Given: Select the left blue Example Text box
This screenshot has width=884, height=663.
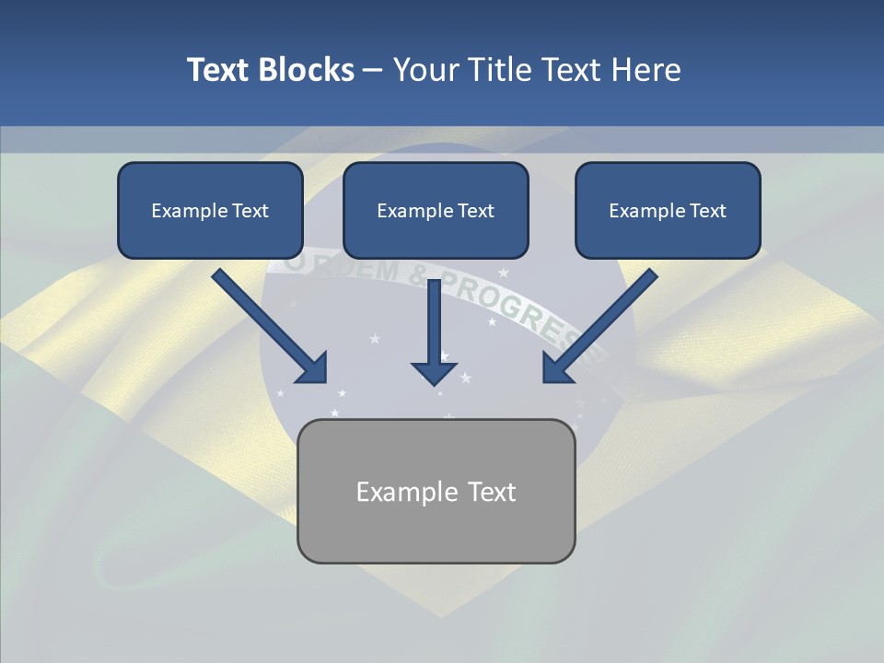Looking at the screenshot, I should (x=210, y=210).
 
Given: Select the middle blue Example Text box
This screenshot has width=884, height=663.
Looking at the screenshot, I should (x=436, y=210).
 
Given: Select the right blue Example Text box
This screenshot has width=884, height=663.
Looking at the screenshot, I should (x=668, y=210).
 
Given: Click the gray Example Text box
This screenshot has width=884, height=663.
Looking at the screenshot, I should (x=436, y=491).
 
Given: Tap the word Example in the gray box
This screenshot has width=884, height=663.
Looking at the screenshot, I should (x=407, y=492).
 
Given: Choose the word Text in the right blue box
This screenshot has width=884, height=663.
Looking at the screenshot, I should (x=708, y=211).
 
